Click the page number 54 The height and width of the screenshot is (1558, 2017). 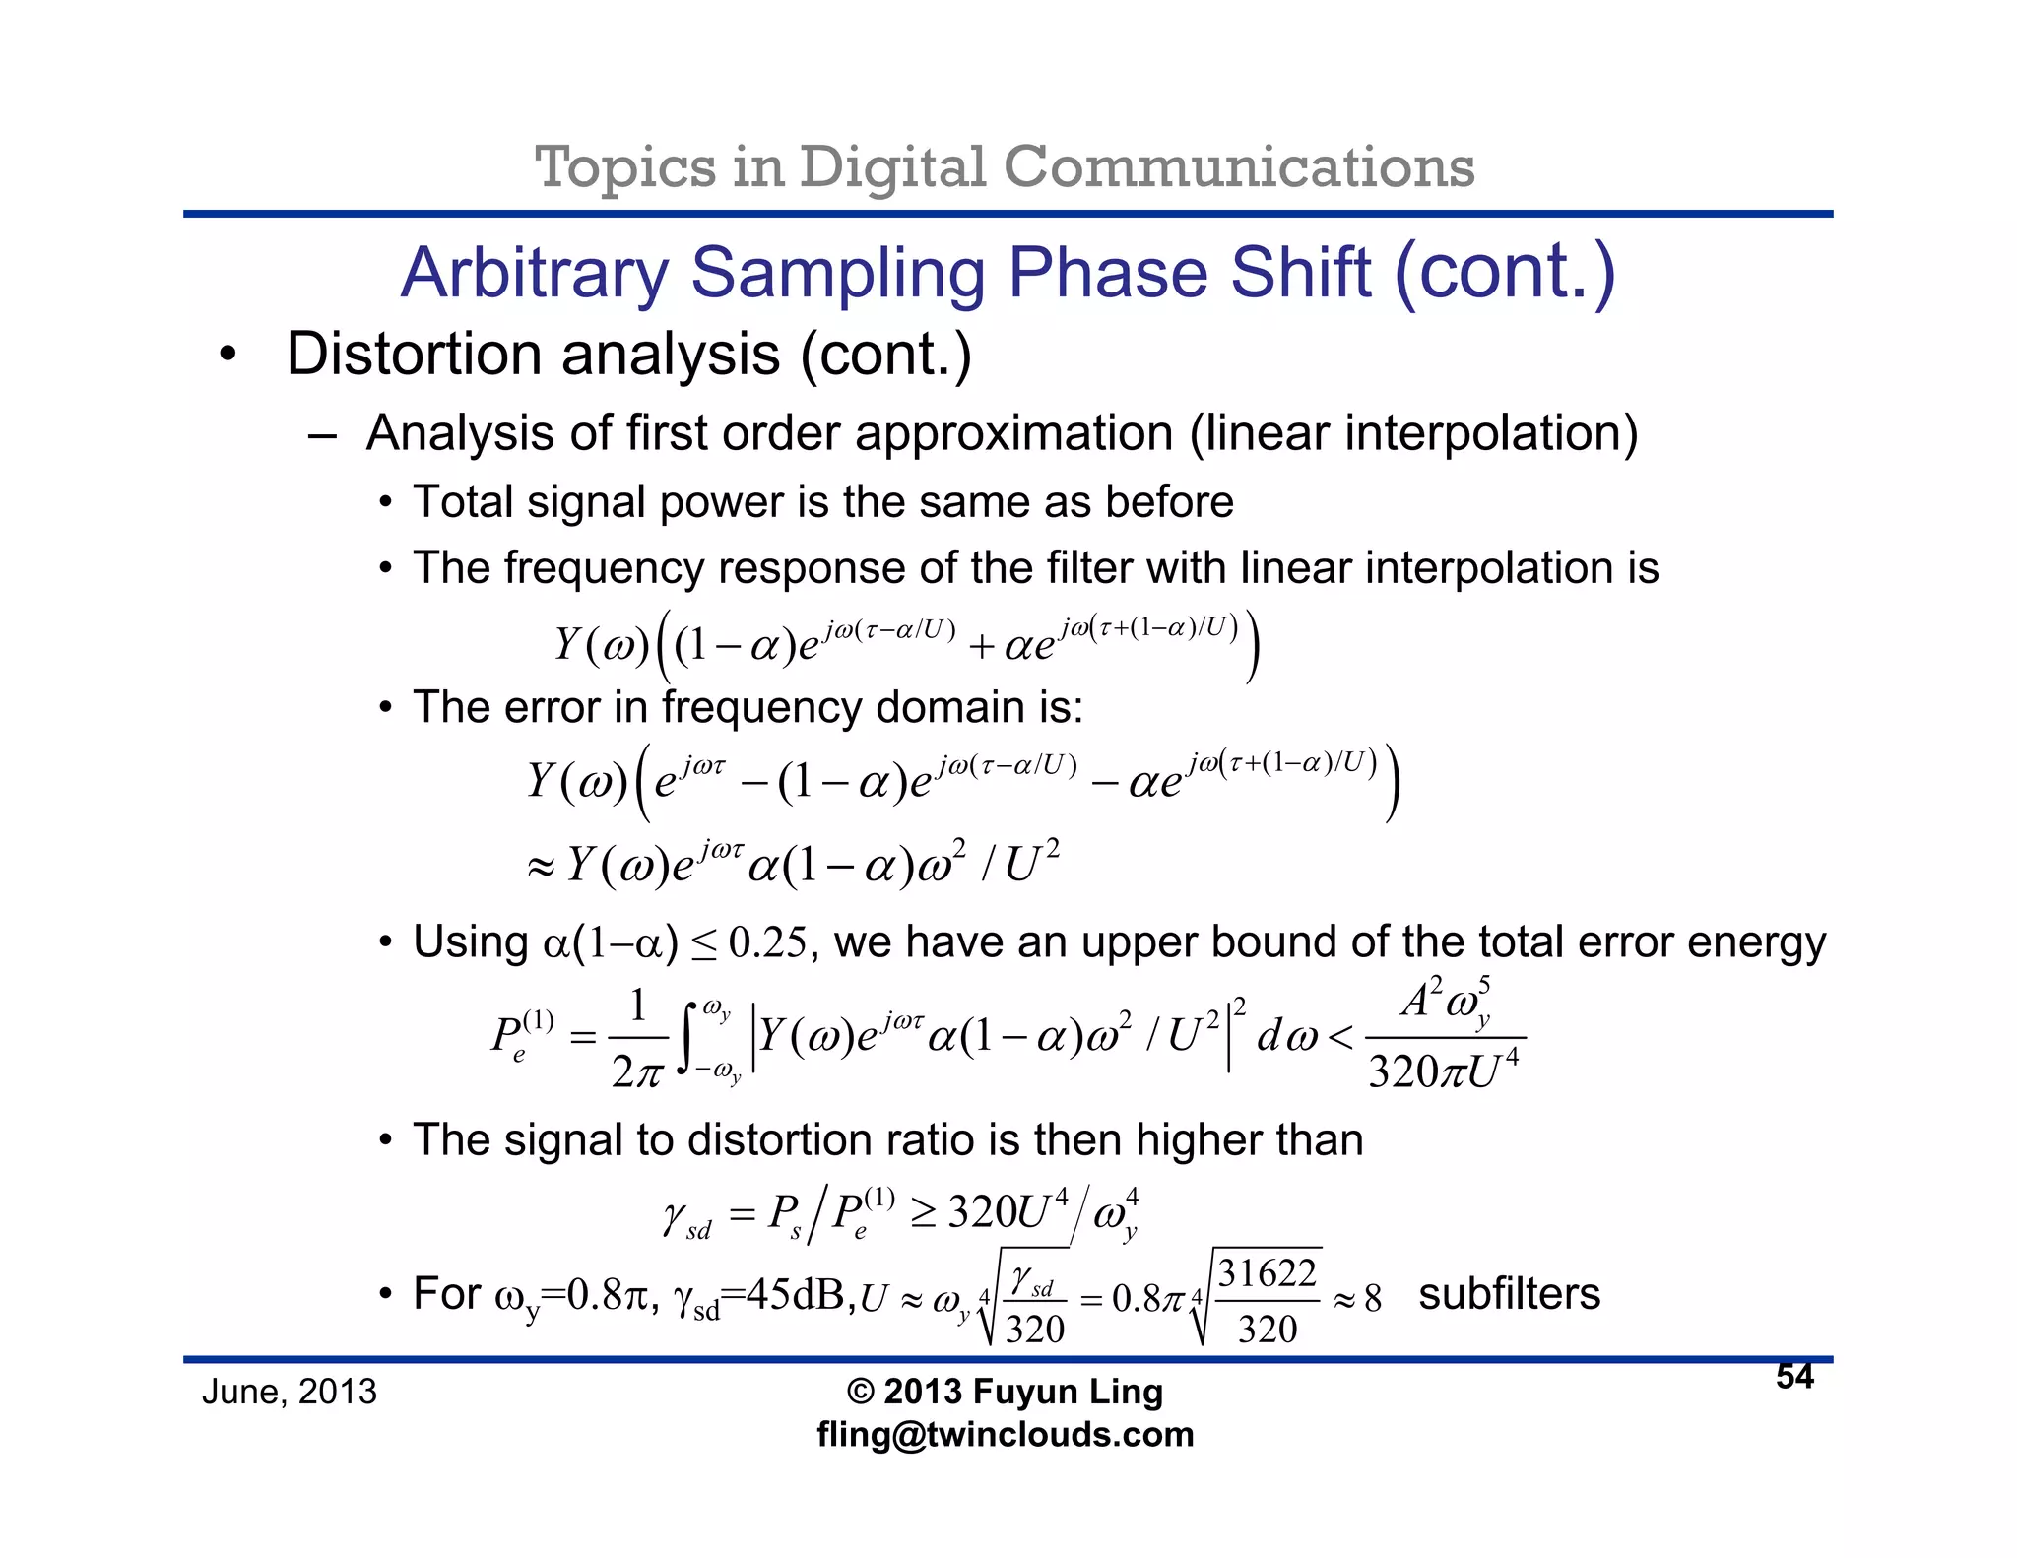coord(1794,1376)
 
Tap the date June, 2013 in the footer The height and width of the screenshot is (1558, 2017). coord(289,1392)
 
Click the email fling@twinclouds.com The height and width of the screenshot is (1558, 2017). coord(1005,1434)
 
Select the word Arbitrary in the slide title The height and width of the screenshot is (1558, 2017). coord(534,273)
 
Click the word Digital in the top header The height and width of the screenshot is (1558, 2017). coord(892,166)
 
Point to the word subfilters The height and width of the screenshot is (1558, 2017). coord(1509,1294)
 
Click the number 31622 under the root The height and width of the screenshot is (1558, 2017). coord(1267,1274)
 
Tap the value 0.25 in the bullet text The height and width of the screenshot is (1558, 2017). coord(767,943)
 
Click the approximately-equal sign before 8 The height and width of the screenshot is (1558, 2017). coord(1344,1300)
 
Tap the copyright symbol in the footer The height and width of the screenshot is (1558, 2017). coord(860,1392)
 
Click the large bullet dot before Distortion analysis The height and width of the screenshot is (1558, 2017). coord(228,355)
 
